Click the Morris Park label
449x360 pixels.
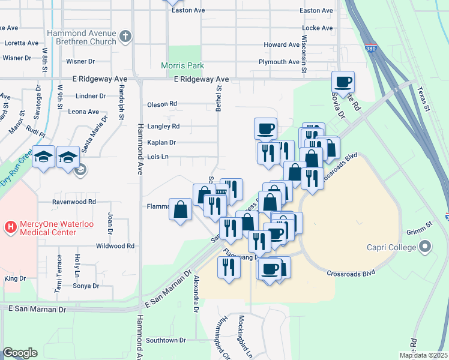point(182,65)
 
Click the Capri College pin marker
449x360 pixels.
point(426,247)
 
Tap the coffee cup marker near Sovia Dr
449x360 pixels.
point(343,82)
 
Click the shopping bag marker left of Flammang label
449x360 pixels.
point(180,209)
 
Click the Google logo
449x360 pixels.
point(20,353)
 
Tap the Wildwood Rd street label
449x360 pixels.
point(115,246)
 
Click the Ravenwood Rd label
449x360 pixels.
point(74,202)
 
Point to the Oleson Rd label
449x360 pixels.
point(162,104)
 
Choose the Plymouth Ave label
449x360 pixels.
point(279,62)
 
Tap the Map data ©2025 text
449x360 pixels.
point(423,355)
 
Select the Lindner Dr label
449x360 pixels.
point(91,96)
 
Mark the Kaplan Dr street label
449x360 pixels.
point(161,143)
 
